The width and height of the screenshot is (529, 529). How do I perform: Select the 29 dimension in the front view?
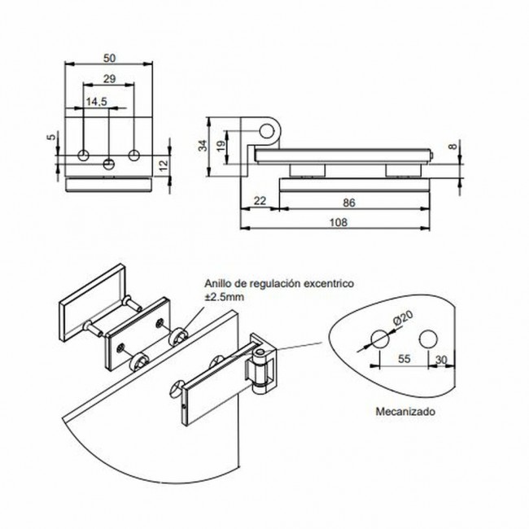(x=109, y=78)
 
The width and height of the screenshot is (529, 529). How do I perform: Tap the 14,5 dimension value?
(x=97, y=101)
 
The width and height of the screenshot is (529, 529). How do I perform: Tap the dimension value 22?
(x=261, y=200)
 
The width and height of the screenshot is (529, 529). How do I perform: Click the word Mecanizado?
(x=404, y=413)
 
